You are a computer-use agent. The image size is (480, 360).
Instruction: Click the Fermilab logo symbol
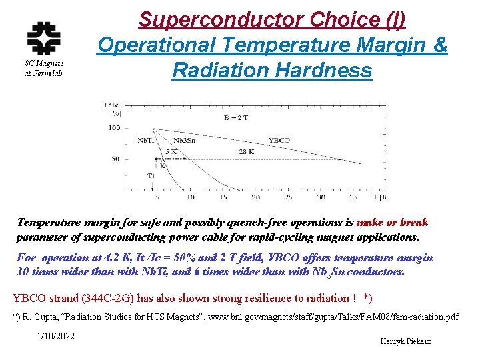(43, 38)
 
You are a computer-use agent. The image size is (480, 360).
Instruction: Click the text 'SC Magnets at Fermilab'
(43, 68)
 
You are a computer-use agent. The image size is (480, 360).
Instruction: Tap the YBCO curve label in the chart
(279, 141)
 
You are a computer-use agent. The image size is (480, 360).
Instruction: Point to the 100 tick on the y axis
(114, 127)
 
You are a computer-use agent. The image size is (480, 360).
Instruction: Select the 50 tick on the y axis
(115, 159)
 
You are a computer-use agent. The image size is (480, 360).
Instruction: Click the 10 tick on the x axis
(190, 197)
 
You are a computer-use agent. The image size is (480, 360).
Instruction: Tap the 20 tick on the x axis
(255, 197)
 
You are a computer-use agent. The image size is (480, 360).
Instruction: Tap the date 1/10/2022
(56, 336)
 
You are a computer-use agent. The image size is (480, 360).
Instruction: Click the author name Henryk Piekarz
(405, 341)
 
